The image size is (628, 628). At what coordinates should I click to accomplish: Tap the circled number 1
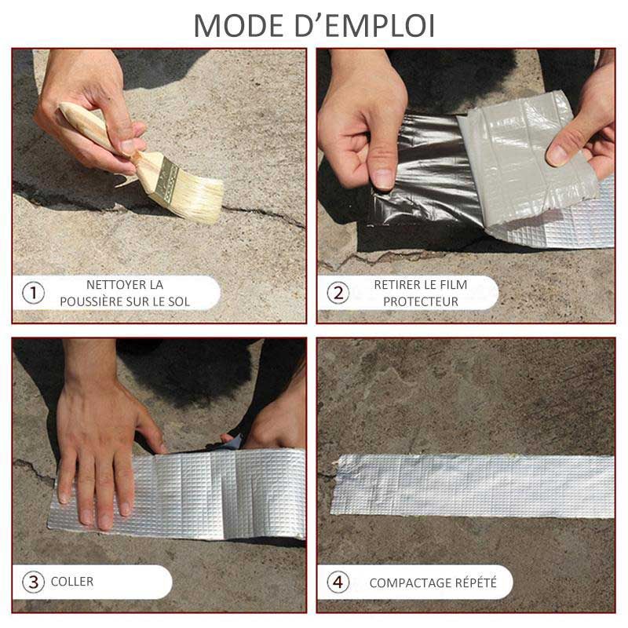(x=33, y=293)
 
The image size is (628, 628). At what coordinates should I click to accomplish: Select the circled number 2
(x=338, y=293)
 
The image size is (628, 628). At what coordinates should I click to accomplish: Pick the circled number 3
(x=33, y=582)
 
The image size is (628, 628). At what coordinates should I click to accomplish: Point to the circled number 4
(x=338, y=582)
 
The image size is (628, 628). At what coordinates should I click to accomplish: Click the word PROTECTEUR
(x=421, y=301)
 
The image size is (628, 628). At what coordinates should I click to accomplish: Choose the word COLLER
(x=72, y=582)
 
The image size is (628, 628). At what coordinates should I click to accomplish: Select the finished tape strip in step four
(x=473, y=485)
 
